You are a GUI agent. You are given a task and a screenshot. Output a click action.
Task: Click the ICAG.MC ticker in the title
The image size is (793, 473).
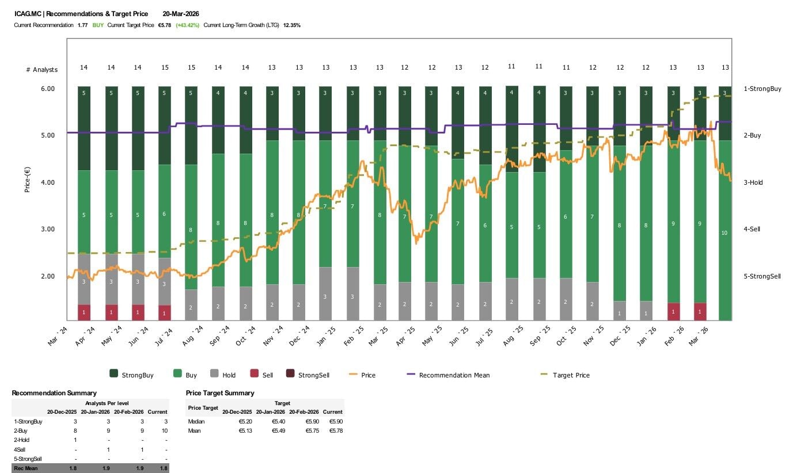point(27,14)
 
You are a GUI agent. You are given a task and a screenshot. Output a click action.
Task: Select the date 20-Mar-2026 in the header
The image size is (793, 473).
point(181,14)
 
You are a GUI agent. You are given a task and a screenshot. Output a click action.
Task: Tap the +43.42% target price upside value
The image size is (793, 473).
point(188,25)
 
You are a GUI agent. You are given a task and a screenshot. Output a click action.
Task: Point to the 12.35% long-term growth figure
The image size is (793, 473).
point(292,25)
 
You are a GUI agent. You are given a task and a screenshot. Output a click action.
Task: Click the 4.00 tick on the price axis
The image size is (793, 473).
point(47,182)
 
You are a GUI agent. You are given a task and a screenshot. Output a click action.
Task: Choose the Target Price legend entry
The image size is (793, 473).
point(571,375)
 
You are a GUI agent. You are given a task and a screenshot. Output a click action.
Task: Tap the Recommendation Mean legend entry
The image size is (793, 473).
point(454,375)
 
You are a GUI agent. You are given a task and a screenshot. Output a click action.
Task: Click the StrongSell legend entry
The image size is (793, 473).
point(313,375)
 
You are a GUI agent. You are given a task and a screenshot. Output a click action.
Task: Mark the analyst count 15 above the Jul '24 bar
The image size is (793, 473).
point(165,67)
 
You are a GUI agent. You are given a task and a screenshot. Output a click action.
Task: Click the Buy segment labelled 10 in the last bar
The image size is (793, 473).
point(725,232)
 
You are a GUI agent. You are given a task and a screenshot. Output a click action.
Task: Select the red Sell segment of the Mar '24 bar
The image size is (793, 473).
point(84,312)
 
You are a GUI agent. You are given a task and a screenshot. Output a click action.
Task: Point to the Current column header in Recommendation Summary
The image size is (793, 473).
point(157,412)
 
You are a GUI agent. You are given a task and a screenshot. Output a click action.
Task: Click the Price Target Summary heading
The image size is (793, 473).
point(220,393)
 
